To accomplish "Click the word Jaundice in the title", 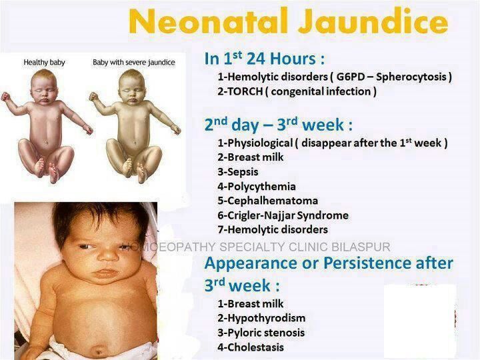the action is (x=373, y=21).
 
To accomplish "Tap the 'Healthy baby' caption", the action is (x=45, y=63).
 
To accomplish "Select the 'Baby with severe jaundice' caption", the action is (x=134, y=63).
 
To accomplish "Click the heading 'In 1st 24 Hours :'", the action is (x=264, y=58).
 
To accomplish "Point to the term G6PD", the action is (x=350, y=77).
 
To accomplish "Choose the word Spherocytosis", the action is (x=411, y=77).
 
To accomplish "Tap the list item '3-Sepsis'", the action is (x=238, y=172).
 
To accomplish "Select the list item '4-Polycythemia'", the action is (x=257, y=187).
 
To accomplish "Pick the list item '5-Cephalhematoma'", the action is (x=268, y=201).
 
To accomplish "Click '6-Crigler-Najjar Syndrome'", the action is (x=283, y=215).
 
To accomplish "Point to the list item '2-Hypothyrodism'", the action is (x=261, y=318).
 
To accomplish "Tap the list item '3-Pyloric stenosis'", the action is (x=261, y=333).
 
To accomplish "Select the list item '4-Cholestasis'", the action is (x=251, y=347).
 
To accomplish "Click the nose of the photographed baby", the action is (x=108, y=255).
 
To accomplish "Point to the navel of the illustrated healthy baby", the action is (x=47, y=142).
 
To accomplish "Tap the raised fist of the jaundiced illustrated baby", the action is (x=93, y=97).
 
